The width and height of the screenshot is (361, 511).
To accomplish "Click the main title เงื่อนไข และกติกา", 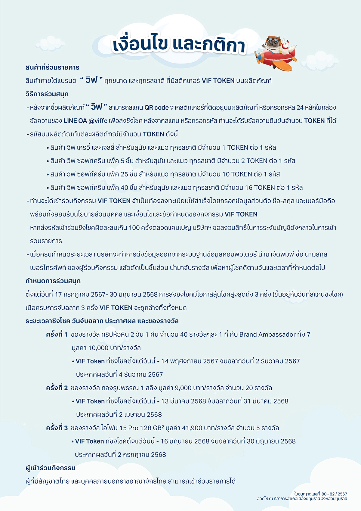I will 179,45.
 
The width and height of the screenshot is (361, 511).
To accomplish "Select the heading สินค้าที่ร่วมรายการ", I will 52,67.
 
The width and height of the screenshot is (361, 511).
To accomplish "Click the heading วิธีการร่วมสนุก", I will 47,94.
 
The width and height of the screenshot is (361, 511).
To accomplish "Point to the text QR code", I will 156,107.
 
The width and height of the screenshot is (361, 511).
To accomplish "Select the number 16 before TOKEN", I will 249,188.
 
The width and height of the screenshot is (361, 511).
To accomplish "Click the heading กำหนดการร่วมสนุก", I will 53,281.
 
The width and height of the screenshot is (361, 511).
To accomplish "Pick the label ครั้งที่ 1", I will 57,334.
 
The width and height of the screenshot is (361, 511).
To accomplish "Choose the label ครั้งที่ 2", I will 57,388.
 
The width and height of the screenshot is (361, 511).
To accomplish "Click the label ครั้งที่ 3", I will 57,428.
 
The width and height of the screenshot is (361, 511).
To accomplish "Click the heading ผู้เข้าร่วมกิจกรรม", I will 51,468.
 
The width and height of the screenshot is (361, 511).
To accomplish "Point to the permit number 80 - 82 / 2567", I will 334,494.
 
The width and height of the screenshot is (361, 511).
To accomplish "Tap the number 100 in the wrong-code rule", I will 134,228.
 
